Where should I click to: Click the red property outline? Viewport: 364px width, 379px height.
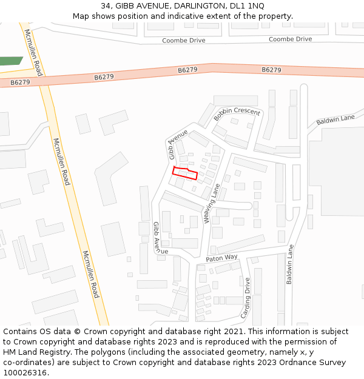185,173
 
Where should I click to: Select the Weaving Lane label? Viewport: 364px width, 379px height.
212,204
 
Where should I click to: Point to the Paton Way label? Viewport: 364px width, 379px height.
221,258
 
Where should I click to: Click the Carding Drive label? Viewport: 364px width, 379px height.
246,298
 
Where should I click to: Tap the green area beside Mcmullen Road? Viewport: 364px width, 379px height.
12,61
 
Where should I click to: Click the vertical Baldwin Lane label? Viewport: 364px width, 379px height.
290,264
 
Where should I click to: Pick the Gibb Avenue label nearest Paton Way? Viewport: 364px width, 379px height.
157,238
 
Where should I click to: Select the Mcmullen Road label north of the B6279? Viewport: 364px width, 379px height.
32,49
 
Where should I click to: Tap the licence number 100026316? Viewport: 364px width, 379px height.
25,373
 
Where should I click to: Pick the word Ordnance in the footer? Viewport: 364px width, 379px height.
283,363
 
